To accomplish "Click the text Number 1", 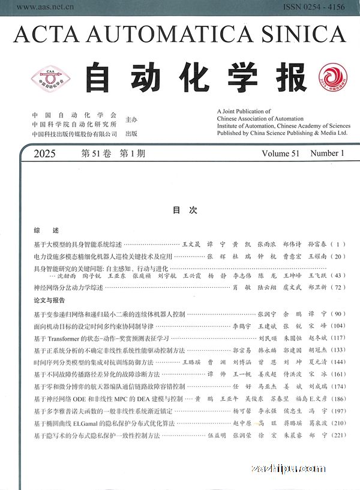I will tap(328, 154).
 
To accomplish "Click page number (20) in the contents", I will tap(340, 256).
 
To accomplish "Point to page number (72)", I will tap(340, 288).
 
